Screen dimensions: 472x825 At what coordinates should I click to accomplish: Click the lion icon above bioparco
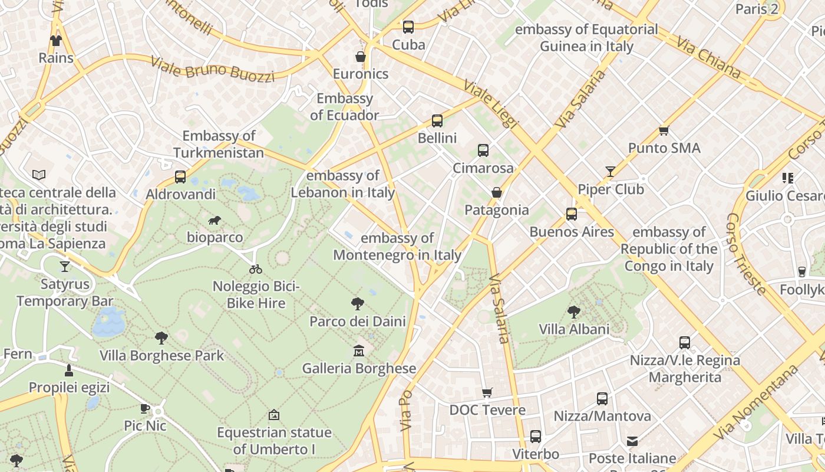pos(214,221)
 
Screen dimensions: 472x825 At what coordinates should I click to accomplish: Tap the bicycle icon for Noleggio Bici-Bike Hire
pos(256,269)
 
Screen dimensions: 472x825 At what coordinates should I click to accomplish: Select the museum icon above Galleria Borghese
pos(358,351)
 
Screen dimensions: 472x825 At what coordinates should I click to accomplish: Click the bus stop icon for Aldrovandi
pos(180,177)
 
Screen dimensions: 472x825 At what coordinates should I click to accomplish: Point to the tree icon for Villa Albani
pos(573,312)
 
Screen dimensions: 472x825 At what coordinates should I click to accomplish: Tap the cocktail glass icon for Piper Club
pos(610,172)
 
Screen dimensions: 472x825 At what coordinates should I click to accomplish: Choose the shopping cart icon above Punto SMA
pos(664,130)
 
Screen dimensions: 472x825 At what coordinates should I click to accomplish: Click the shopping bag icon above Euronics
pos(361,57)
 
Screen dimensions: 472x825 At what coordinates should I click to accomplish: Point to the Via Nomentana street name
pos(755,402)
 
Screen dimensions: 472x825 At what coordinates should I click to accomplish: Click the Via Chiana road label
pos(708,57)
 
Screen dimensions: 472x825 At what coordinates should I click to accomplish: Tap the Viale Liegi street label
pos(490,104)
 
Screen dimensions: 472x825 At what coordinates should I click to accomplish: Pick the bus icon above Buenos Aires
pos(571,214)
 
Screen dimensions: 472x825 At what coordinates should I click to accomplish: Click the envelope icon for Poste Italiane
pos(632,441)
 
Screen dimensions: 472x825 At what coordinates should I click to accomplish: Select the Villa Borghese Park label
pos(161,355)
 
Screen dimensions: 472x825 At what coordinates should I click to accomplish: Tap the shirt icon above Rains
pos(56,41)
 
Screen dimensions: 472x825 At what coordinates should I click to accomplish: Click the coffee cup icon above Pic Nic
pos(145,408)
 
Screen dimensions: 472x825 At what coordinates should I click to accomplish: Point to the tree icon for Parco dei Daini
pos(357,304)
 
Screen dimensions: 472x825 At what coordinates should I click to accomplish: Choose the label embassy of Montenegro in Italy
pos(397,247)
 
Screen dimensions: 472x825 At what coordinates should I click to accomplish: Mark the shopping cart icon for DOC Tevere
pos(487,392)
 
